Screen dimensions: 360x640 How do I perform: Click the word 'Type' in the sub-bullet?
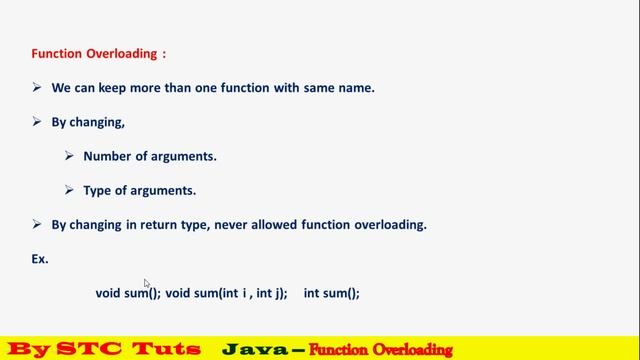(98, 190)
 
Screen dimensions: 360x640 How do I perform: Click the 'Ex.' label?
(41, 258)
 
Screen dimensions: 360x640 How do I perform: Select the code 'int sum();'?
(331, 293)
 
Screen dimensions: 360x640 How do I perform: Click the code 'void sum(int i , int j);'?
(226, 293)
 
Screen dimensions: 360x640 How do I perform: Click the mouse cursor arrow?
(147, 284)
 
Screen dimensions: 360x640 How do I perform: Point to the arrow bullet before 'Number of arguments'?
(69, 156)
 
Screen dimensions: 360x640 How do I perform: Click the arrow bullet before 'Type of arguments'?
(69, 190)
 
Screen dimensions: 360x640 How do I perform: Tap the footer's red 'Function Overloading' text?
(380, 350)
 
